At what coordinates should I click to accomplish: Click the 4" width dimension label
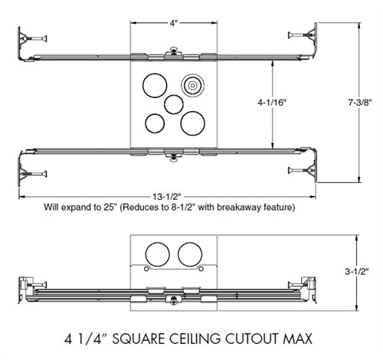click(175, 23)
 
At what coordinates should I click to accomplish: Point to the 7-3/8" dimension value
click(358, 100)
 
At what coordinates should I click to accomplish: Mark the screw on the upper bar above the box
click(175, 52)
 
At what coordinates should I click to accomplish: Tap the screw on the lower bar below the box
click(175, 159)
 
